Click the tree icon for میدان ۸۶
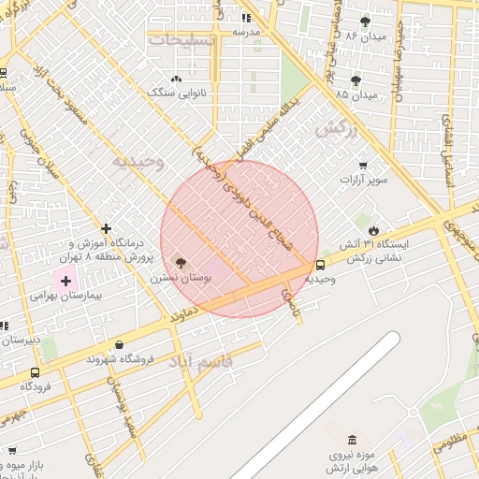(x=365, y=21)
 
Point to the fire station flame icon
(x=374, y=229)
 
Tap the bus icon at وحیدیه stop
(x=321, y=265)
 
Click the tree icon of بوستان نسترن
(x=181, y=264)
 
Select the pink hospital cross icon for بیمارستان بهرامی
(x=65, y=280)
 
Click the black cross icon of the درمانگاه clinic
(x=107, y=228)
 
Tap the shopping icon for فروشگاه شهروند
(x=117, y=345)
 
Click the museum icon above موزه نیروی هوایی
(x=352, y=440)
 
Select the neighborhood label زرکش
(x=337, y=131)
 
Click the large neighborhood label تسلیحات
(x=182, y=40)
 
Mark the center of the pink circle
(x=239, y=239)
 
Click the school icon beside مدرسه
(x=246, y=17)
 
